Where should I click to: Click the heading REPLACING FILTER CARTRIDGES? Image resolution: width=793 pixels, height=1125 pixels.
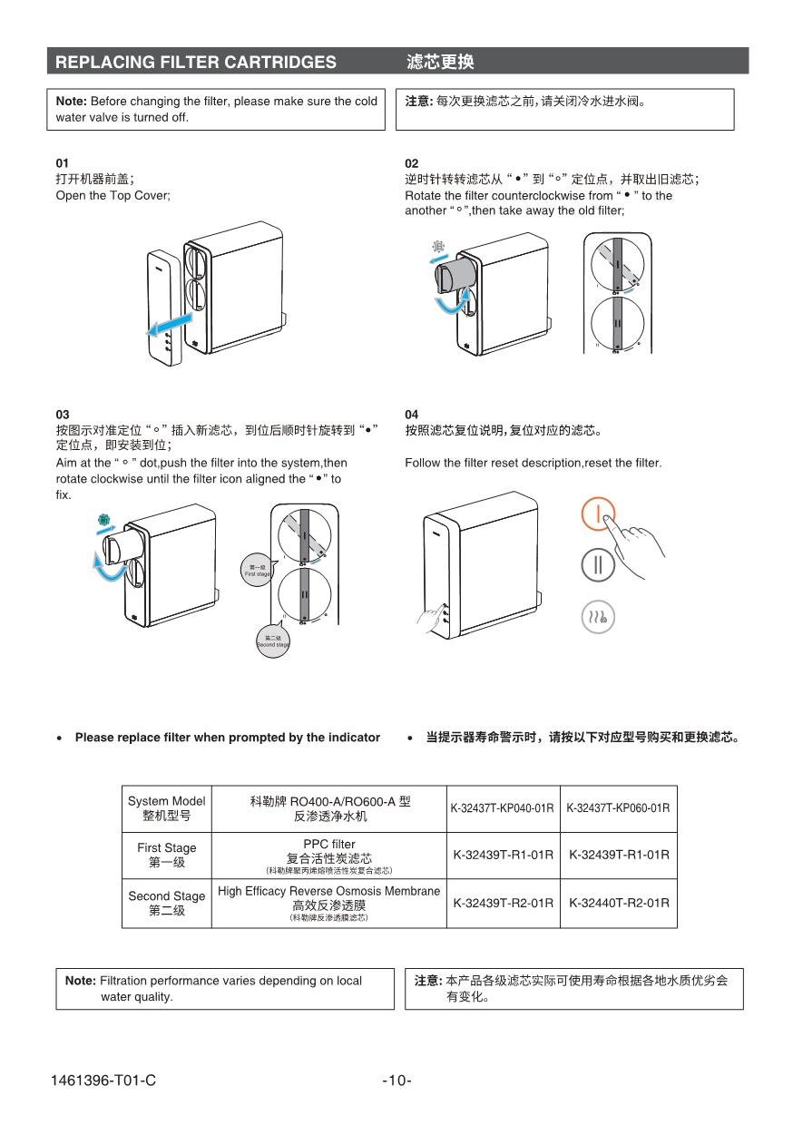pyautogui.click(x=196, y=62)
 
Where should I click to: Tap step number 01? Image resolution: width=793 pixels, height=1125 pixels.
pyautogui.click(x=63, y=163)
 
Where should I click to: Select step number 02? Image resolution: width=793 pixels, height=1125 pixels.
pyautogui.click(x=412, y=163)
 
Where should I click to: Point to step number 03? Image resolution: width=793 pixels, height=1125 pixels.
pyautogui.click(x=63, y=415)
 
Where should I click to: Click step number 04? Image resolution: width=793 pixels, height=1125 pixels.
pyautogui.click(x=412, y=415)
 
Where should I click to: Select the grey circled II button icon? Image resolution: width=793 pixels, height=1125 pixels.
pyautogui.click(x=598, y=565)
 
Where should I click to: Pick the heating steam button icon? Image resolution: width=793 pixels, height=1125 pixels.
pyautogui.click(x=598, y=617)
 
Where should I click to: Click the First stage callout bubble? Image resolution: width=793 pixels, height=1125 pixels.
pyautogui.click(x=257, y=571)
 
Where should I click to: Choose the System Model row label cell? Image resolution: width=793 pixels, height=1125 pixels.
pyautogui.click(x=167, y=808)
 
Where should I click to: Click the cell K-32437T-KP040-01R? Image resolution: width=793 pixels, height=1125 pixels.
pyautogui.click(x=503, y=808)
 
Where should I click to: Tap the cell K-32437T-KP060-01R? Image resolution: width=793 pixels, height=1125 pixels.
pyautogui.click(x=619, y=808)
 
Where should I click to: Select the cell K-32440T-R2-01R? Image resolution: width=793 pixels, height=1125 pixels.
pyautogui.click(x=619, y=903)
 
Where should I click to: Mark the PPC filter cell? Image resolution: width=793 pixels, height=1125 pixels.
pyautogui.click(x=328, y=856)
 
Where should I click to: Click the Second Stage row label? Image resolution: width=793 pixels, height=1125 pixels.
pyautogui.click(x=167, y=903)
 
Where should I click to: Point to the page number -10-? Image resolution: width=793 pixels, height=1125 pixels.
pyautogui.click(x=396, y=1081)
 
